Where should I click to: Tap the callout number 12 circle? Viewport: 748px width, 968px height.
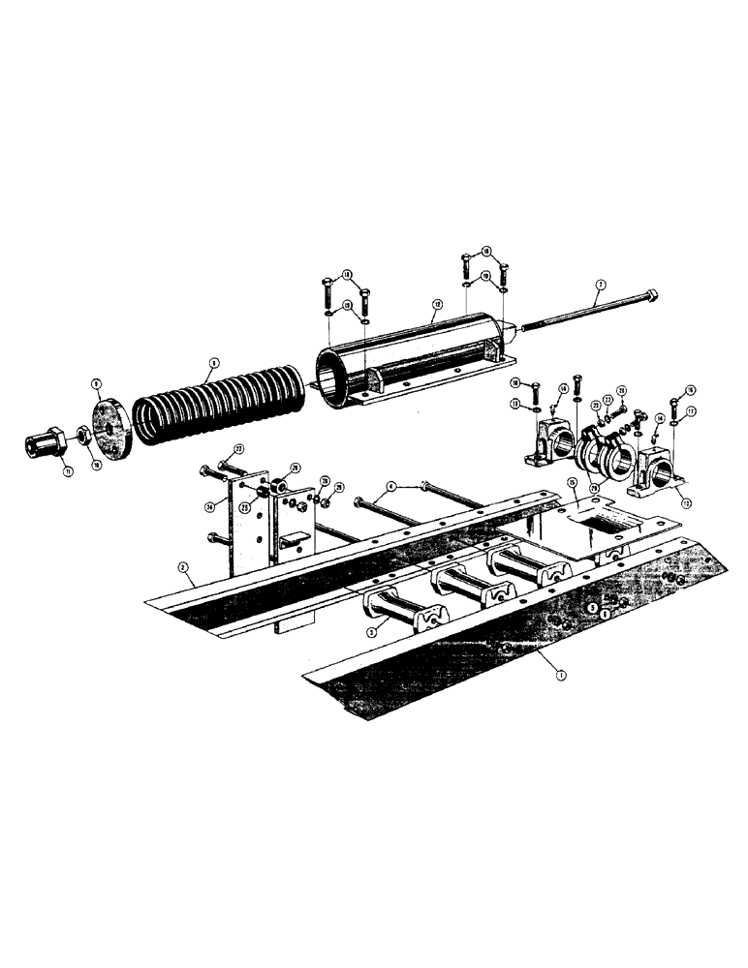click(436, 304)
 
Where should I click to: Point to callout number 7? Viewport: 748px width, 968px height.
click(601, 285)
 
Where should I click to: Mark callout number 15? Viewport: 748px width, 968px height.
click(572, 481)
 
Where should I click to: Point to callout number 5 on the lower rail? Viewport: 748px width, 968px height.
click(590, 607)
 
